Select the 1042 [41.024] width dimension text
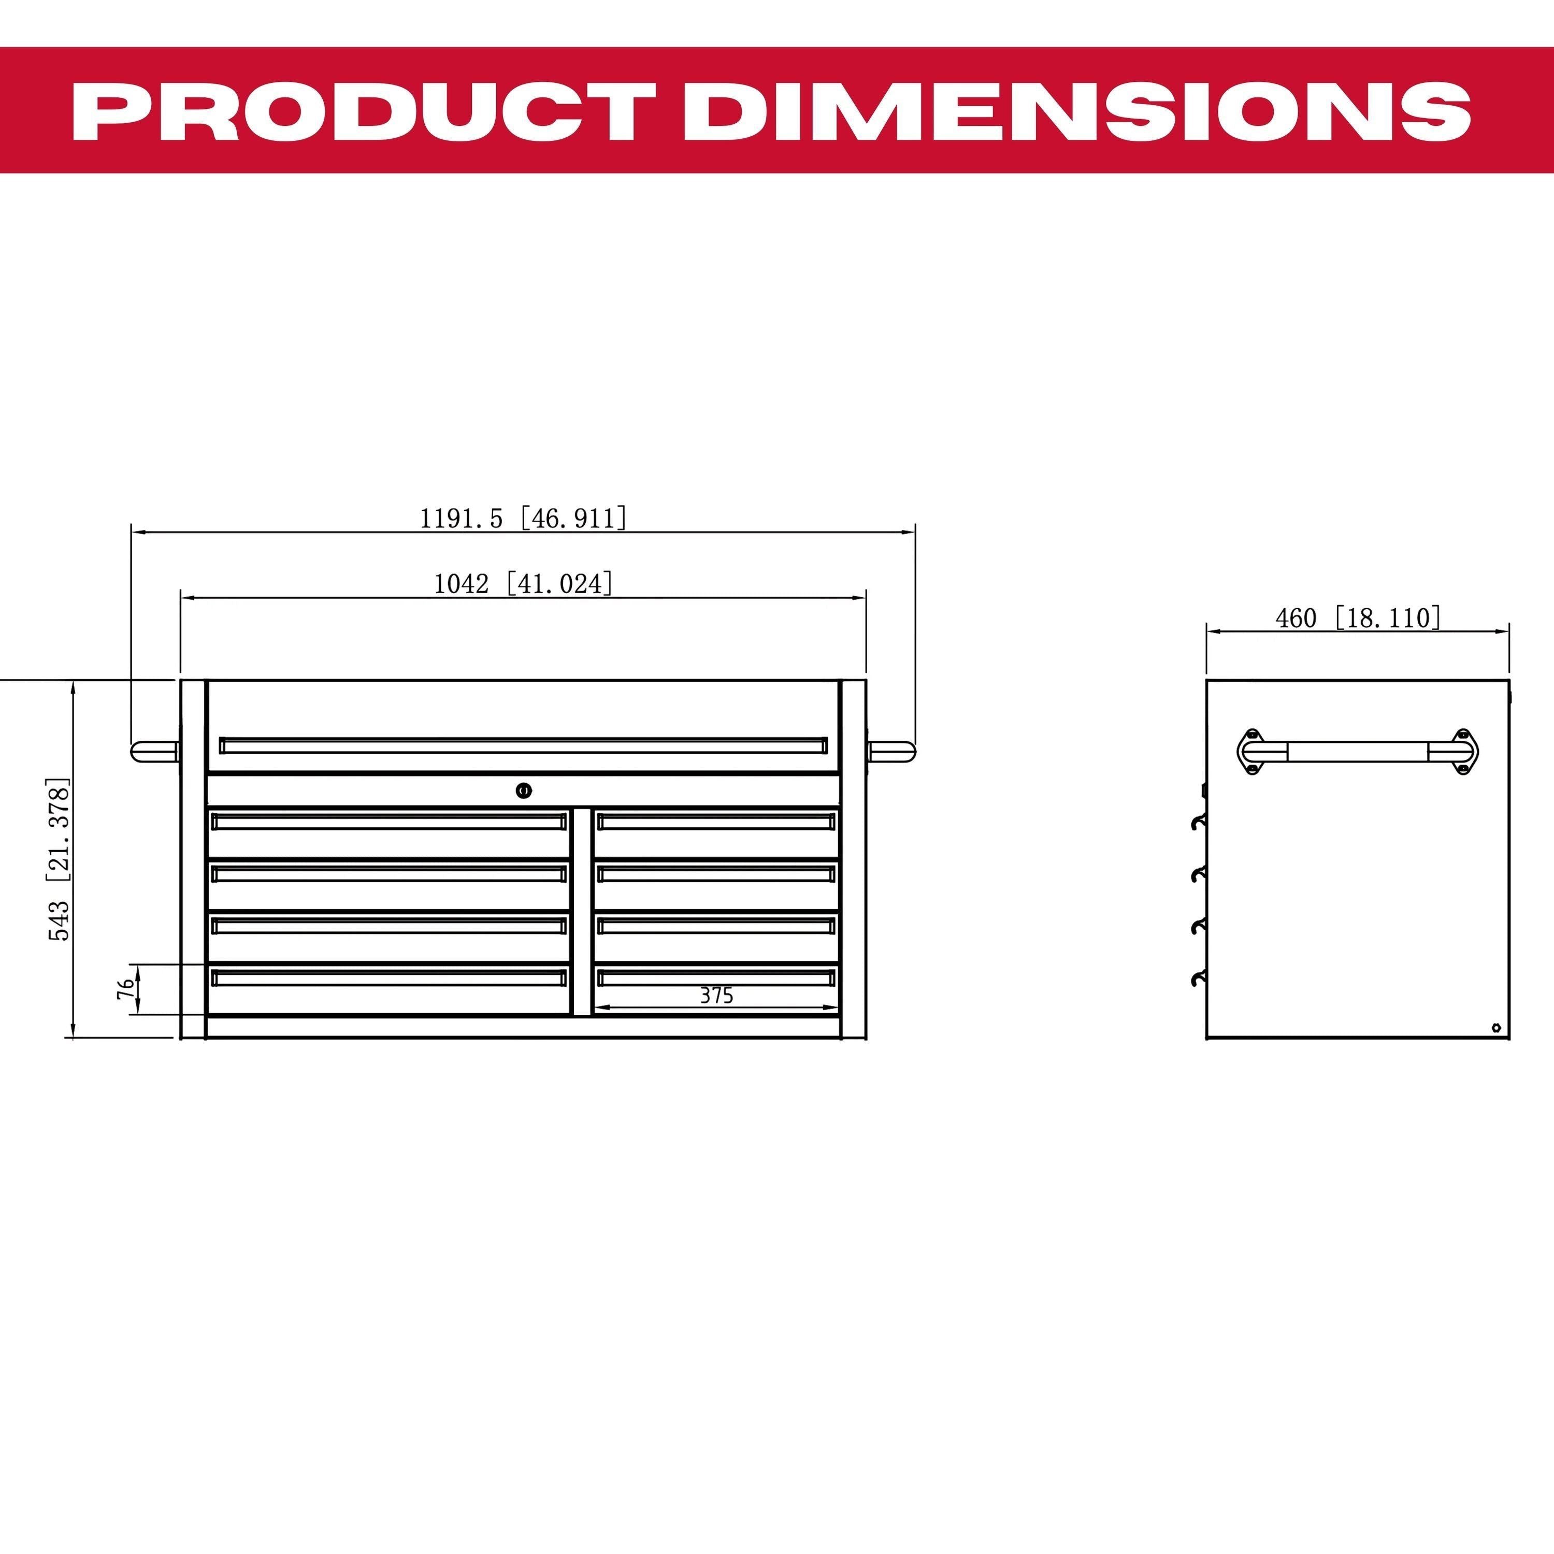click(523, 583)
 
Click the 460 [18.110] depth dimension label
click(1358, 618)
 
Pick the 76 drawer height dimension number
click(125, 988)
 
